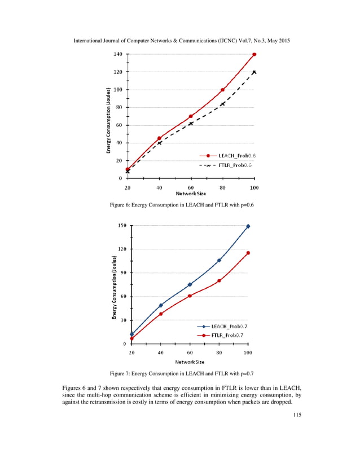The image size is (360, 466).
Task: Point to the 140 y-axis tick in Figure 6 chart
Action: [x=118, y=54]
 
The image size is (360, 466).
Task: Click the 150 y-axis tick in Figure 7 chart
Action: [x=122, y=226]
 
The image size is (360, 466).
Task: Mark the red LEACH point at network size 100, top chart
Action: [x=254, y=54]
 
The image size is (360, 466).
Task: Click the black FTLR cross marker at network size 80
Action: [x=223, y=104]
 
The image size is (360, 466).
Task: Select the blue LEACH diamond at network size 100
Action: [x=248, y=226]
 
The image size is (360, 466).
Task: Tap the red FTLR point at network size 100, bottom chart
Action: [x=248, y=253]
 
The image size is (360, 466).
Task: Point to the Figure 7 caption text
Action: [x=180, y=373]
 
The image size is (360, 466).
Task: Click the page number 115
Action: [x=297, y=416]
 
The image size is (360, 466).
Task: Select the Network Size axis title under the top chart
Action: [x=191, y=193]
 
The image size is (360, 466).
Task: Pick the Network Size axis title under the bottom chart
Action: [x=189, y=361]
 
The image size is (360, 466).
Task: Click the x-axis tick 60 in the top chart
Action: [x=191, y=187]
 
